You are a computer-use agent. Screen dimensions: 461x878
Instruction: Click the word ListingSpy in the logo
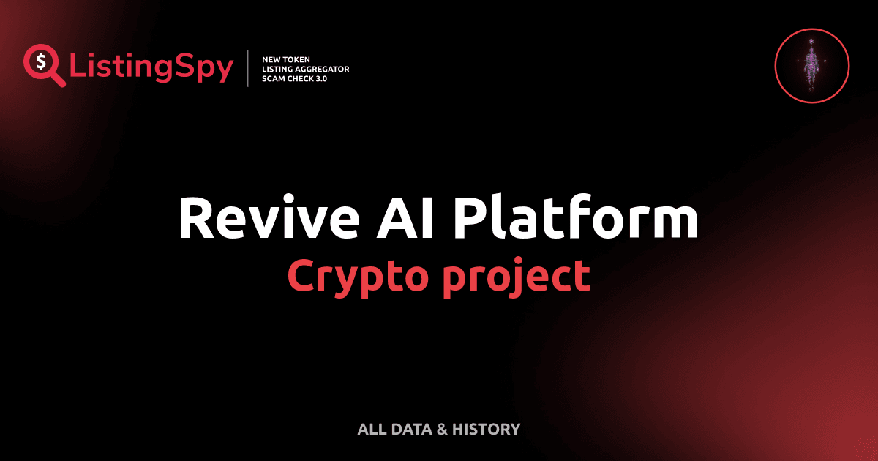(151, 68)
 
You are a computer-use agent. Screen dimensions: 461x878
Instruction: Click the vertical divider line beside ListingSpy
(250, 69)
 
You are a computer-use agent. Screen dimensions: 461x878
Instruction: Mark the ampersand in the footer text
(441, 429)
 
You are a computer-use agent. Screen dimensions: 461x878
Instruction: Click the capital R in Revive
(195, 219)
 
